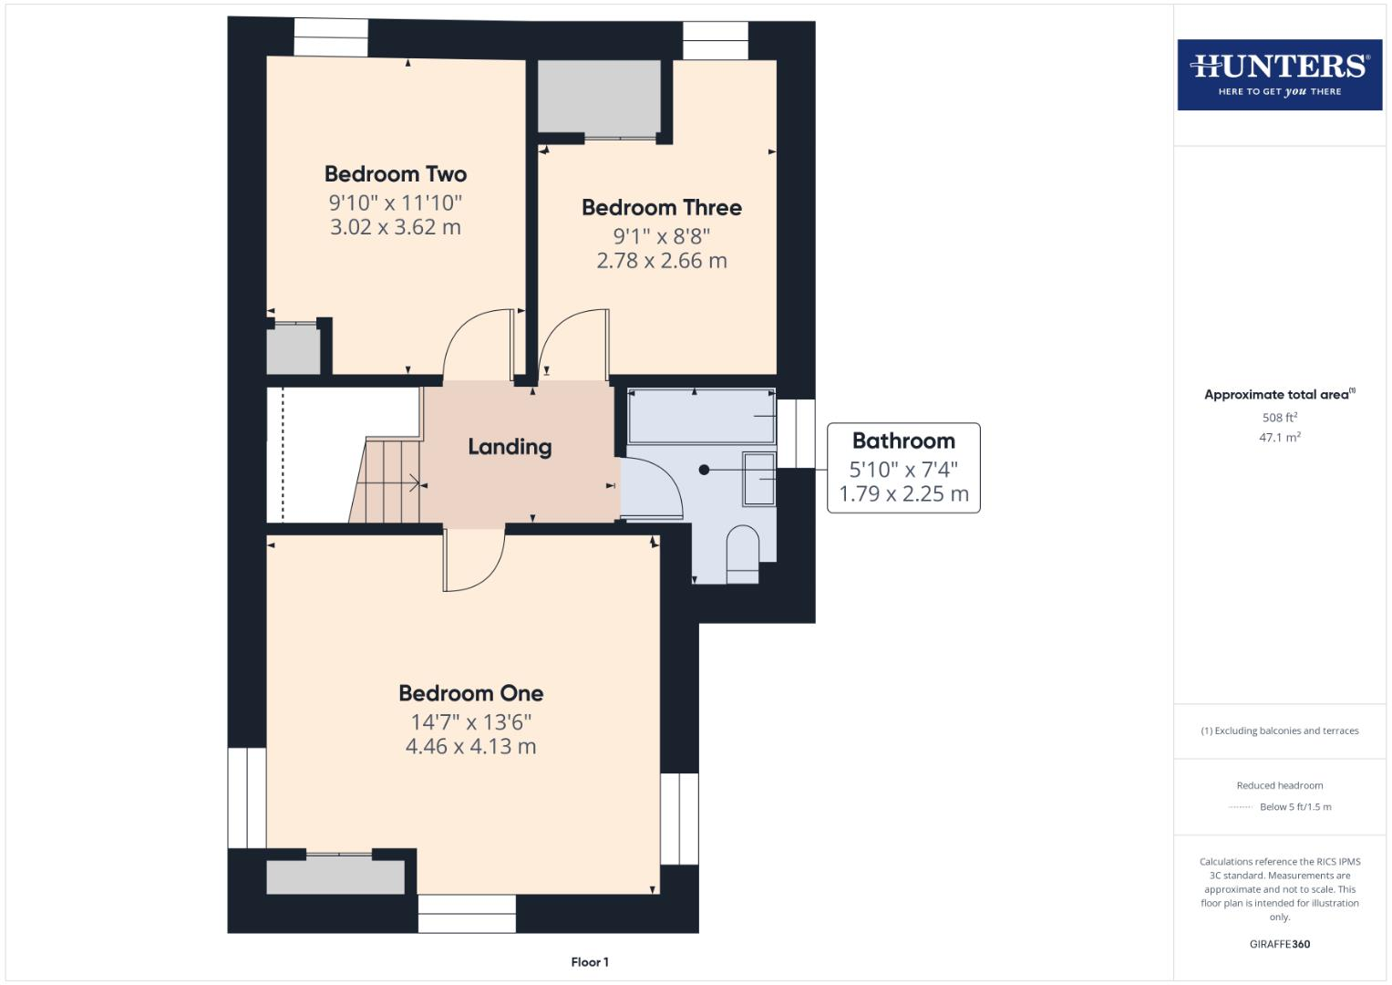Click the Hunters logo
coord(1279,75)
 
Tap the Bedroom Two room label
coord(396,174)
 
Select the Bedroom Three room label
coord(662,208)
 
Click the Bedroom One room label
coord(471,693)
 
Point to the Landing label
coord(510,447)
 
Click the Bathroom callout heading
coord(903,441)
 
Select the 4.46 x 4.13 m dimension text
coord(470,747)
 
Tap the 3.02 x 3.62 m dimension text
coord(396,227)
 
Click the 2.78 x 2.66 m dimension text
coord(662,261)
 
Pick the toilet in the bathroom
coord(742,554)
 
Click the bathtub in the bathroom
coord(701,417)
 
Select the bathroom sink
coord(758,478)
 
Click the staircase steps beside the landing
coord(387,482)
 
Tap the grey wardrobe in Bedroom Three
coord(599,98)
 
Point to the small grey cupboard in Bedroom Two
coord(293,350)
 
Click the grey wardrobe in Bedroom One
coord(335,876)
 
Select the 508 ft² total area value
coord(1279,418)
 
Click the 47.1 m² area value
coord(1279,438)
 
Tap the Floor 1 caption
coord(590,962)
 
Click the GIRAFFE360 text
coord(1279,944)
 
